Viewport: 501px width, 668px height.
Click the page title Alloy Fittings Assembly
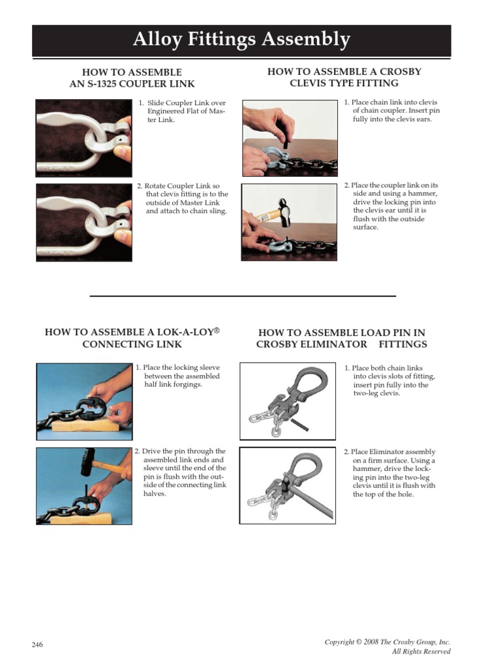point(241,40)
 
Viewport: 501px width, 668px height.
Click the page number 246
point(37,645)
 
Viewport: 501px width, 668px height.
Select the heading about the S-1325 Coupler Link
point(132,78)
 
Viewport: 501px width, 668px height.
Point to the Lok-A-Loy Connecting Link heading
point(132,338)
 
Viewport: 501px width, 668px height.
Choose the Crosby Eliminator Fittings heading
point(342,338)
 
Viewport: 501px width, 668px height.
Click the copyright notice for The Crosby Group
point(387,642)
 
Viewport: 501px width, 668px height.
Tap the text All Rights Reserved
point(421,652)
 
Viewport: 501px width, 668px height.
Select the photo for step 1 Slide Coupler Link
point(82,138)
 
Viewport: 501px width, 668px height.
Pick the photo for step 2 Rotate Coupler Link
point(82,222)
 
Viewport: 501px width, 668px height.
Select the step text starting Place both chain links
point(390,381)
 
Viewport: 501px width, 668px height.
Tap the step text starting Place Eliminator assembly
point(390,473)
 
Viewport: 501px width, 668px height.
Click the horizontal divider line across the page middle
point(243,296)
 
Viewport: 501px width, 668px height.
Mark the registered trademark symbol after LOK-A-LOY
point(217,331)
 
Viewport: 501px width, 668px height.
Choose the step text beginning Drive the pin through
point(180,472)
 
